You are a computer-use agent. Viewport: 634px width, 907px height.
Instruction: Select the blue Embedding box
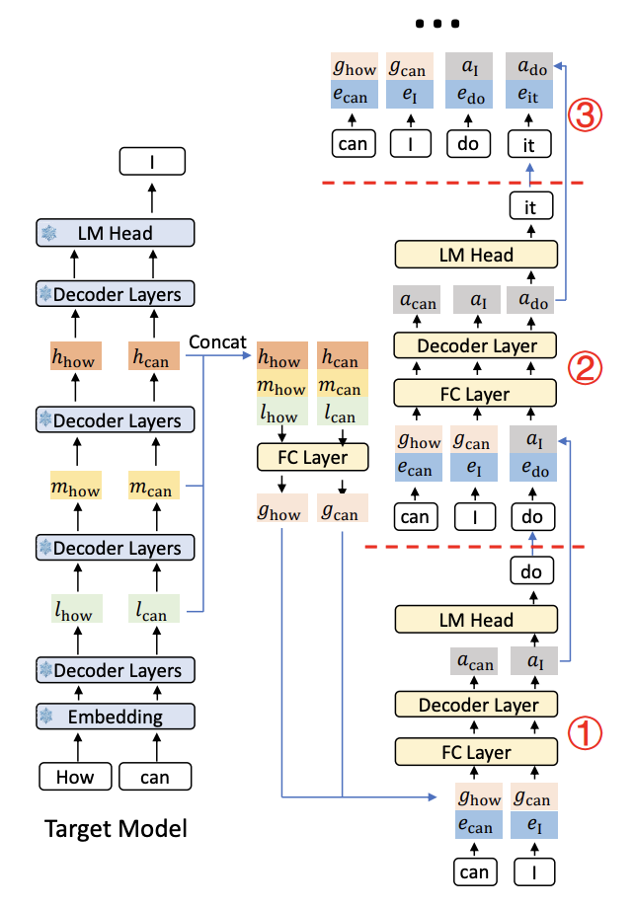pos(116,716)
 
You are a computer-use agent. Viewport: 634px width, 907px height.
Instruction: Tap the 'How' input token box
pos(75,777)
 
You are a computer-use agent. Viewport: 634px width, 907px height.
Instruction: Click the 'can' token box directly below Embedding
pos(155,777)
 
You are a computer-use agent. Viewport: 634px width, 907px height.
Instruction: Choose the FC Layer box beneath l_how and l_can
pos(311,458)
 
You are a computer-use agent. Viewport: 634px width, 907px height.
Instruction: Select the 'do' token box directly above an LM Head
pos(532,571)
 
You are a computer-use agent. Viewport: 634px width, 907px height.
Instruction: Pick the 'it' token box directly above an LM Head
pos(531,206)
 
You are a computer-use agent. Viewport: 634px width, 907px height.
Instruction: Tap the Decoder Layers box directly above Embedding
pos(116,670)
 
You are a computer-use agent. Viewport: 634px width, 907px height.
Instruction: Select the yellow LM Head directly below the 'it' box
pos(476,255)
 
